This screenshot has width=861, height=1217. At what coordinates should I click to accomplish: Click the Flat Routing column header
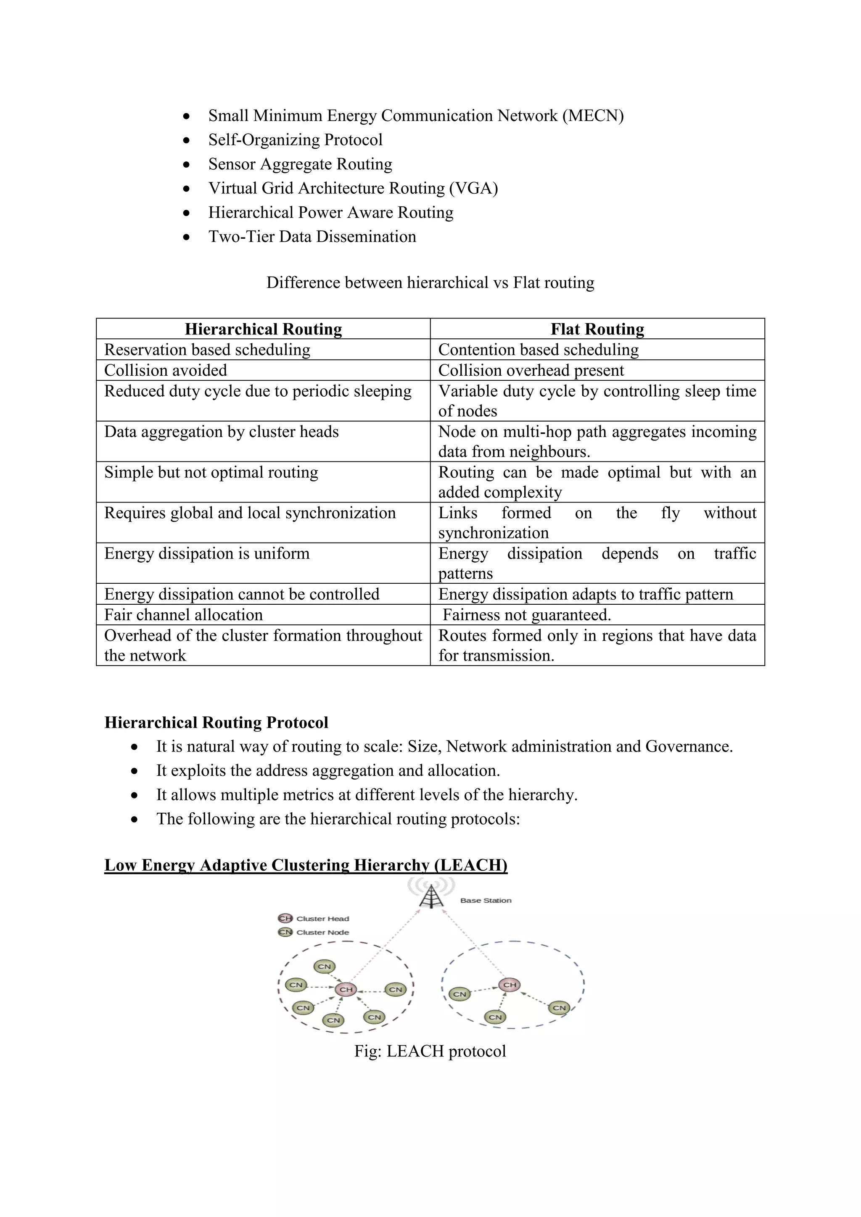(x=597, y=329)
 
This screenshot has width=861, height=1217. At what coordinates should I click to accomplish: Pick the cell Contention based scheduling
(x=538, y=350)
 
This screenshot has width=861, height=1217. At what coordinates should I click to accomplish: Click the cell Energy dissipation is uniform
(x=207, y=553)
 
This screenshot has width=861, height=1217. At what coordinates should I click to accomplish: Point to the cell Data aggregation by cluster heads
(x=221, y=432)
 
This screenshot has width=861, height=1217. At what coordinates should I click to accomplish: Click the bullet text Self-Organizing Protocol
(x=295, y=140)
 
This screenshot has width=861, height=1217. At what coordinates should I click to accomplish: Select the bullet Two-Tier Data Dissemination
(x=312, y=237)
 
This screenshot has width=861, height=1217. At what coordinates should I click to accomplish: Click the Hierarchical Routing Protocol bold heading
(x=217, y=722)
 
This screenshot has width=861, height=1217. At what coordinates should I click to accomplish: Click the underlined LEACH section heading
(x=306, y=865)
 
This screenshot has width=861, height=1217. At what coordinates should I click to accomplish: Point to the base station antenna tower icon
(x=432, y=896)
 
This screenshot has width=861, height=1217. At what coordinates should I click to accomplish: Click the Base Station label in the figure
(x=486, y=901)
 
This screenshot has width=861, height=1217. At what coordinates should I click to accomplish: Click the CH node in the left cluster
(x=346, y=989)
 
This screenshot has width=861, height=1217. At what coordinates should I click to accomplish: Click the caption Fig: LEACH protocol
(x=430, y=1051)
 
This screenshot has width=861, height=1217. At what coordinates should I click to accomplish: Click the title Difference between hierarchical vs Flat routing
(x=430, y=282)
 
